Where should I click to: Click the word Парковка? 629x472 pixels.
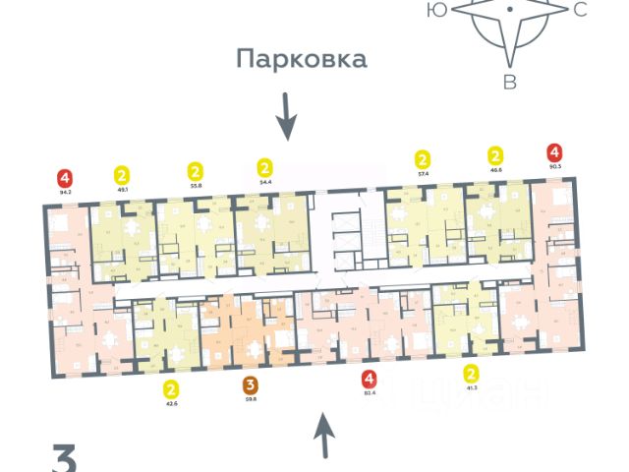(x=301, y=59)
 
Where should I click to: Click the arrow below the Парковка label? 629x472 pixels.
(x=286, y=116)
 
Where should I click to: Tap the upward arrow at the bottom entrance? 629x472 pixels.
(x=325, y=437)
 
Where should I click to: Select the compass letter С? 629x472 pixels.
(x=580, y=10)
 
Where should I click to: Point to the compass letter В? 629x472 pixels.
(x=509, y=82)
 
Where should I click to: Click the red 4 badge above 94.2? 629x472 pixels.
(x=65, y=178)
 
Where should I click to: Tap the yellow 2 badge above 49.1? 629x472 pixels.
(x=123, y=173)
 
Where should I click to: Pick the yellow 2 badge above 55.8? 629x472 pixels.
(x=195, y=170)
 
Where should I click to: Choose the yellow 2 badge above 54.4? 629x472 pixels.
(x=263, y=166)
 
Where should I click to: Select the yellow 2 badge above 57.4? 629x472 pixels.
(x=423, y=158)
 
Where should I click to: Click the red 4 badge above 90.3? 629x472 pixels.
(x=555, y=152)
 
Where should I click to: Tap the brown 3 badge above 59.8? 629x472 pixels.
(x=250, y=384)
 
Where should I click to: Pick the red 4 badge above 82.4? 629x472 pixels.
(x=369, y=379)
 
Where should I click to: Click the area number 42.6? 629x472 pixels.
(x=172, y=402)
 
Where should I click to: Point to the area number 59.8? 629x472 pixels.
(x=250, y=399)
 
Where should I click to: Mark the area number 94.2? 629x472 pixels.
(x=65, y=193)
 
